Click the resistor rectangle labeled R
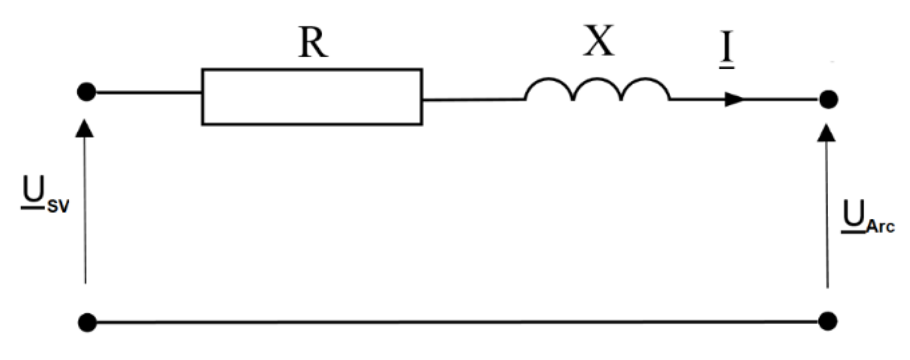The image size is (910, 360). point(312,97)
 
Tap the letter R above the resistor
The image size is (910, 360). point(313,44)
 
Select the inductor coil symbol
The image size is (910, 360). point(597,90)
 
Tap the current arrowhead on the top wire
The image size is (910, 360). point(734,99)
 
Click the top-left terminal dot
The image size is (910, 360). point(87,92)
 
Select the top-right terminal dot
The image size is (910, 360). point(828,99)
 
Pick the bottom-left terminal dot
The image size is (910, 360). point(87,322)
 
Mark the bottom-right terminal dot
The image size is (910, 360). point(828,321)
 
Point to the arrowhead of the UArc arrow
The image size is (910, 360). point(827,133)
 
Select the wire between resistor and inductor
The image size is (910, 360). point(473,100)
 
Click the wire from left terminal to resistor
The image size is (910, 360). point(144,92)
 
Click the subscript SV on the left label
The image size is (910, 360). point(58,206)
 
